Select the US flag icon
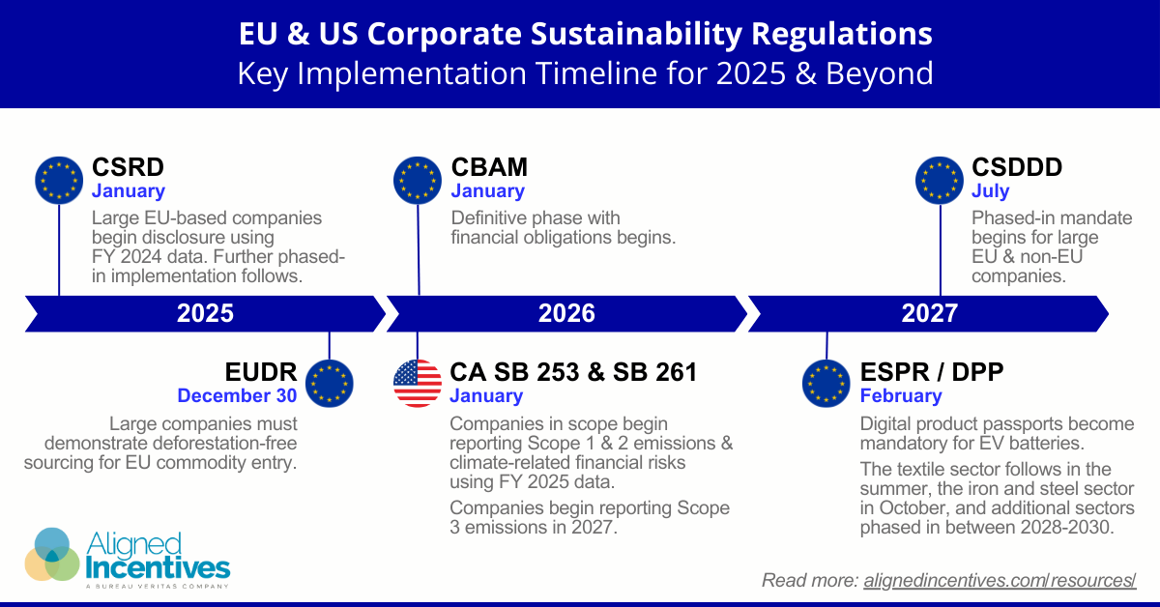[x=418, y=384]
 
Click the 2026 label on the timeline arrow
[x=566, y=312]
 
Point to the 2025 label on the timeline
[x=205, y=312]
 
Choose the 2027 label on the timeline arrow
[x=929, y=312]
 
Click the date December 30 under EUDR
[x=237, y=395]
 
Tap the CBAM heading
[x=487, y=167]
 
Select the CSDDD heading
[x=1017, y=167]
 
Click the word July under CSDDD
[x=990, y=191]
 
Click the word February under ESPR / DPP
[x=900, y=395]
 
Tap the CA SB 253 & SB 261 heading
[x=573, y=372]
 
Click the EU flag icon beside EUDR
[x=330, y=384]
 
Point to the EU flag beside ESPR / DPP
[x=826, y=384]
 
